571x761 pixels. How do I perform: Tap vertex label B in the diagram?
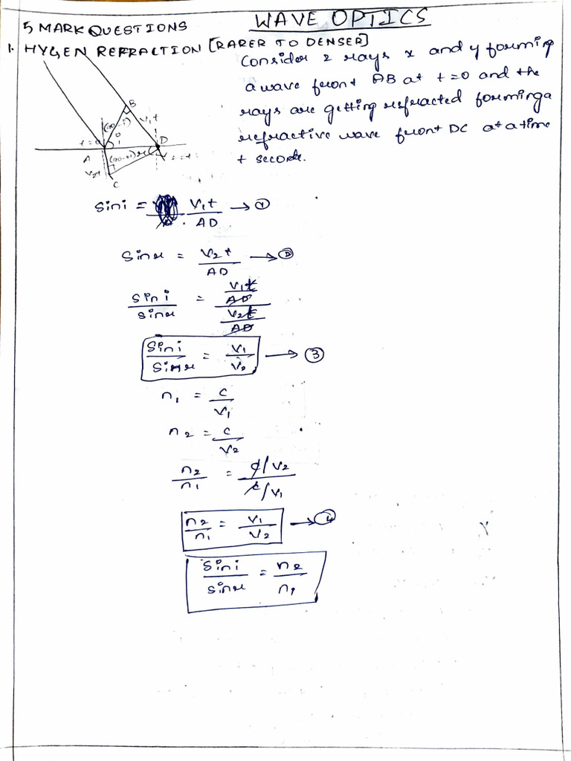133,103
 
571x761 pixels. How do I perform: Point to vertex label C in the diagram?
115,184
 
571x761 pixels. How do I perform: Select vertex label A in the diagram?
88,158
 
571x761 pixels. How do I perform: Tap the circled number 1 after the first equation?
261,207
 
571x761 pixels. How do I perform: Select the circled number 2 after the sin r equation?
286,255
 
